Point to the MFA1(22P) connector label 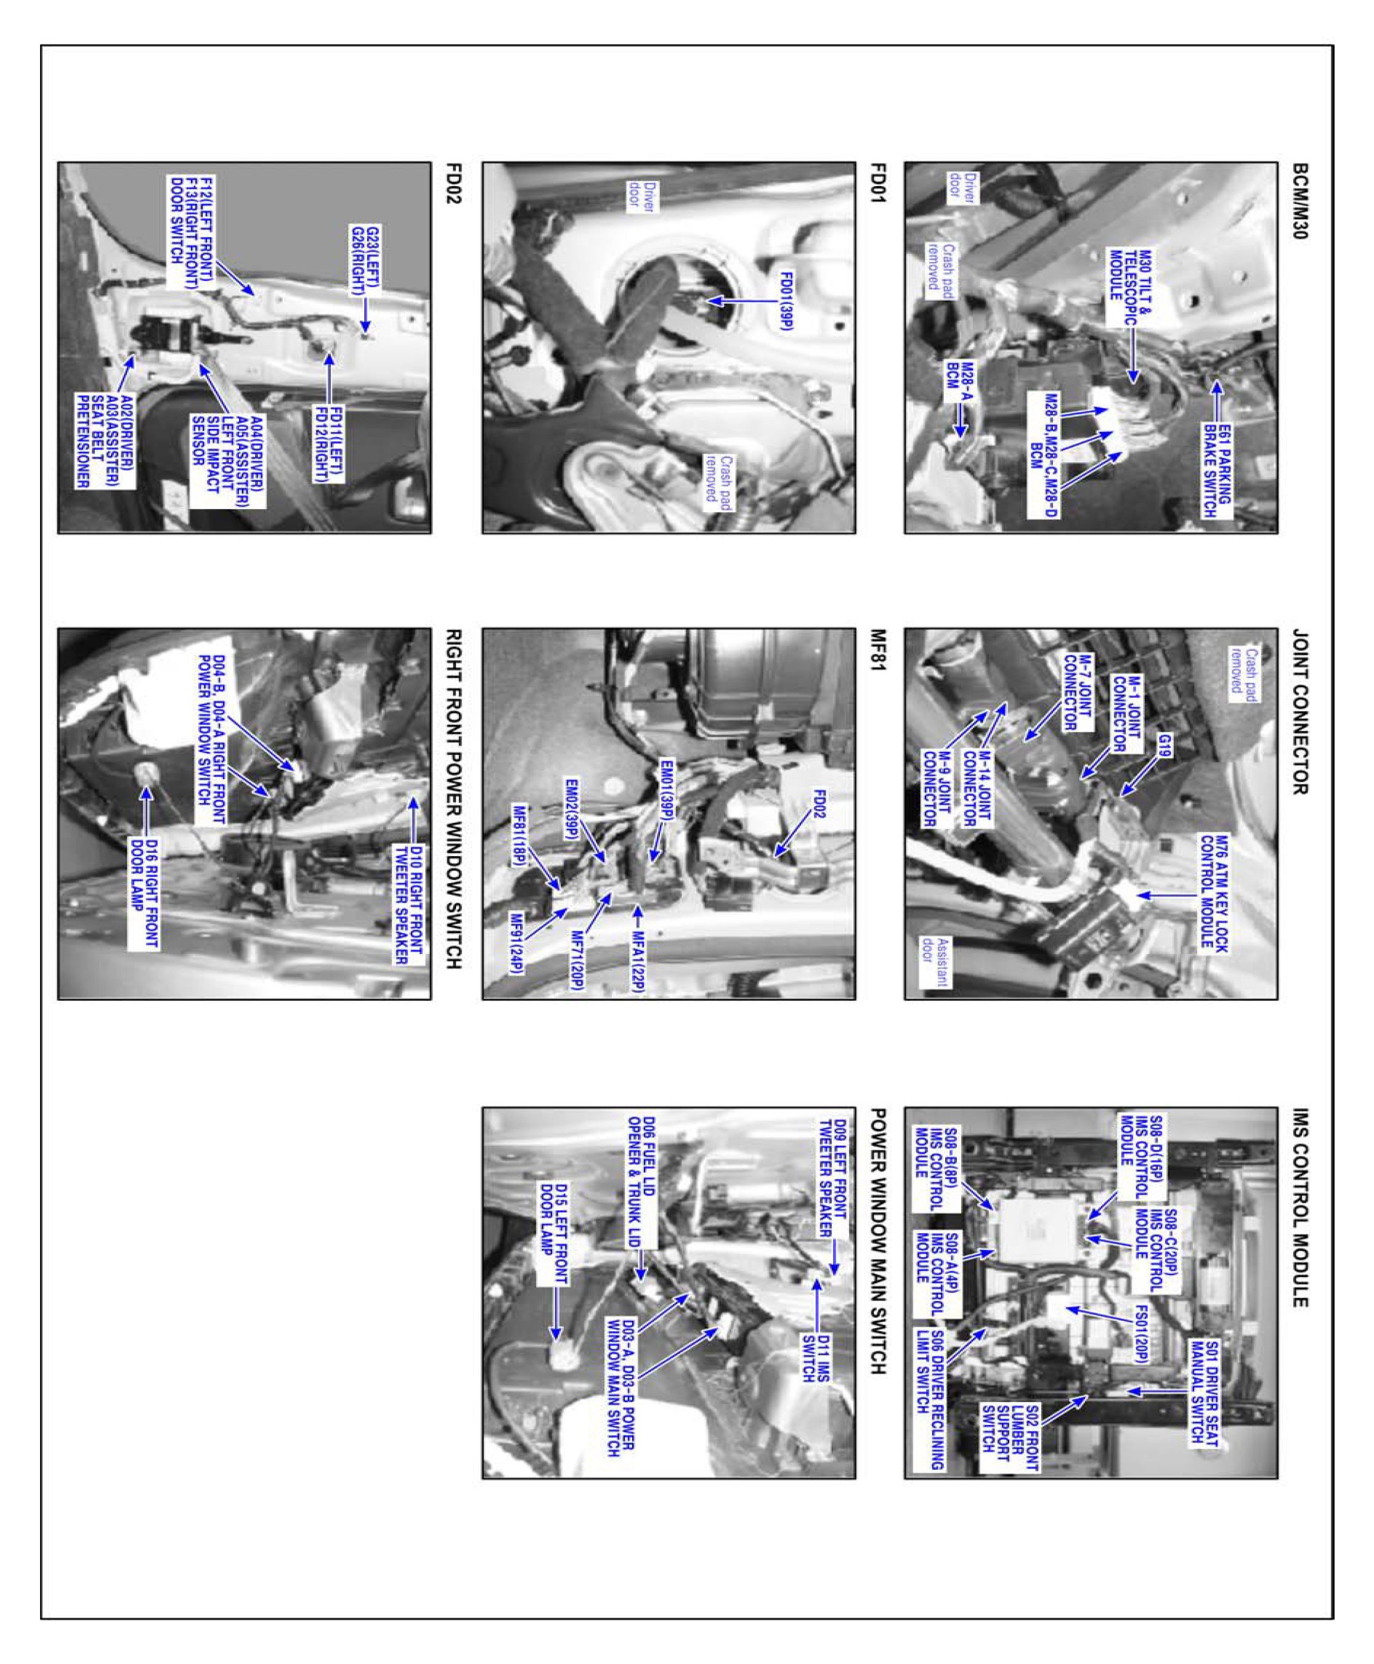pos(637,955)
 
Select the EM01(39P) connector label pos(667,793)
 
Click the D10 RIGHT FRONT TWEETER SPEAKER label pos(409,905)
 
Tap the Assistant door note pos(941,962)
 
